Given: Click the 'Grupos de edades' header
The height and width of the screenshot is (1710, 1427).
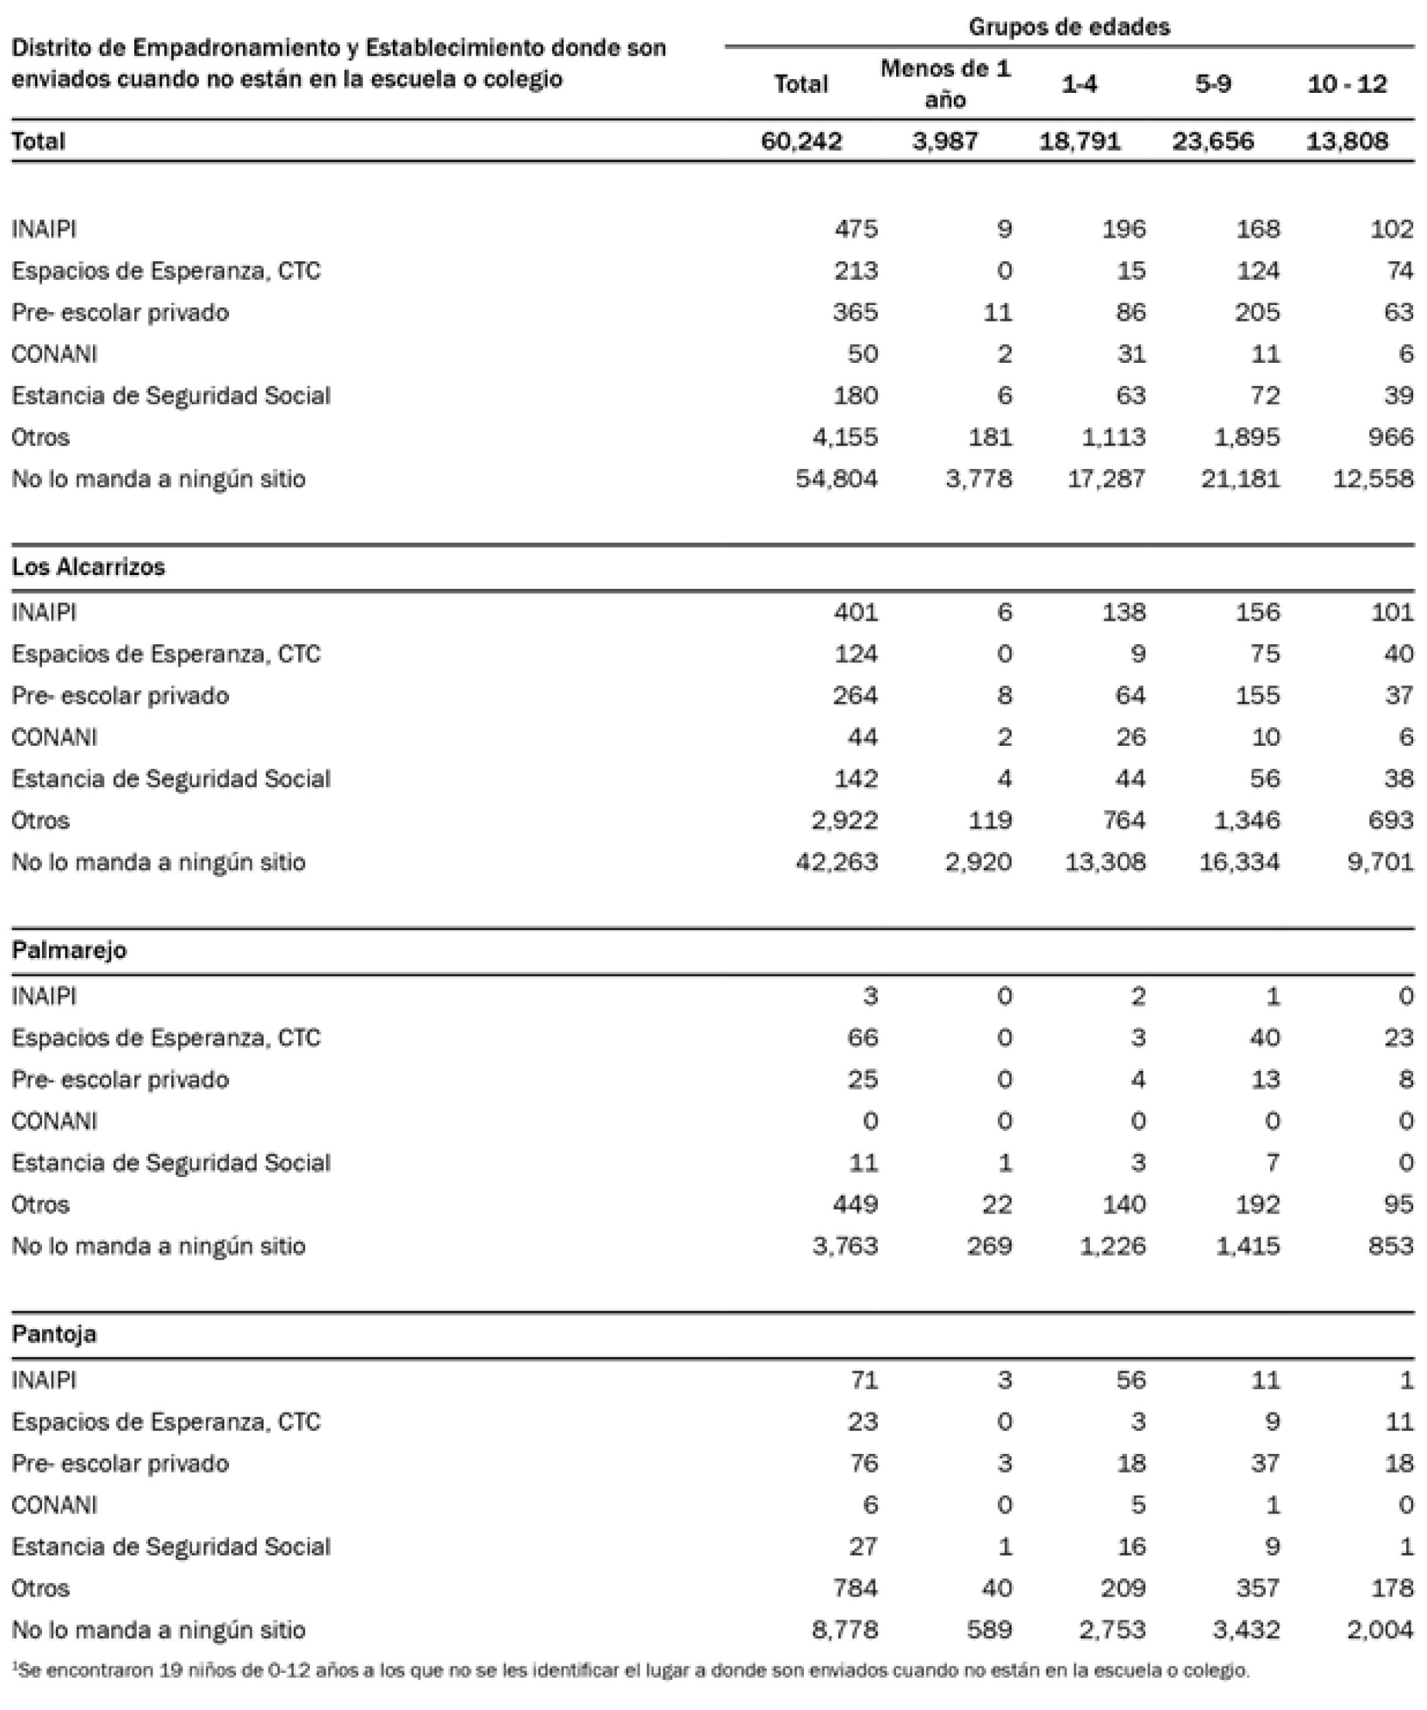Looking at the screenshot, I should click(1068, 27).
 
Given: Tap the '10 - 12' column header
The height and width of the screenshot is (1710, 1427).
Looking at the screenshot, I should click(1347, 84).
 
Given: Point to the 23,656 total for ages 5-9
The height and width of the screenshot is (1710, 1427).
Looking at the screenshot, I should click(1212, 142).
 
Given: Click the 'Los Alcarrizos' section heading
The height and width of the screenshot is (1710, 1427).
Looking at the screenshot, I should click(88, 567).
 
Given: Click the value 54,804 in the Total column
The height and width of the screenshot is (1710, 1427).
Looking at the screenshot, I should click(837, 479).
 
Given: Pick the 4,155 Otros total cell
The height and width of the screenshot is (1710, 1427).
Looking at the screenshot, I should click(845, 438).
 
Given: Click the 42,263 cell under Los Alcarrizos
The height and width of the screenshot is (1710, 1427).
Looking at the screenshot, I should click(837, 863).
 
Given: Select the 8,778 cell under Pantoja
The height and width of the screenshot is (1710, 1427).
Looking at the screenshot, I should click(845, 1630).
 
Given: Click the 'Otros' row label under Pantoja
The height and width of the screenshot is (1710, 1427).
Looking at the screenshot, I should click(41, 1588).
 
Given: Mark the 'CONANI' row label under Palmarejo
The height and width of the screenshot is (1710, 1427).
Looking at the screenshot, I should click(54, 1121).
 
